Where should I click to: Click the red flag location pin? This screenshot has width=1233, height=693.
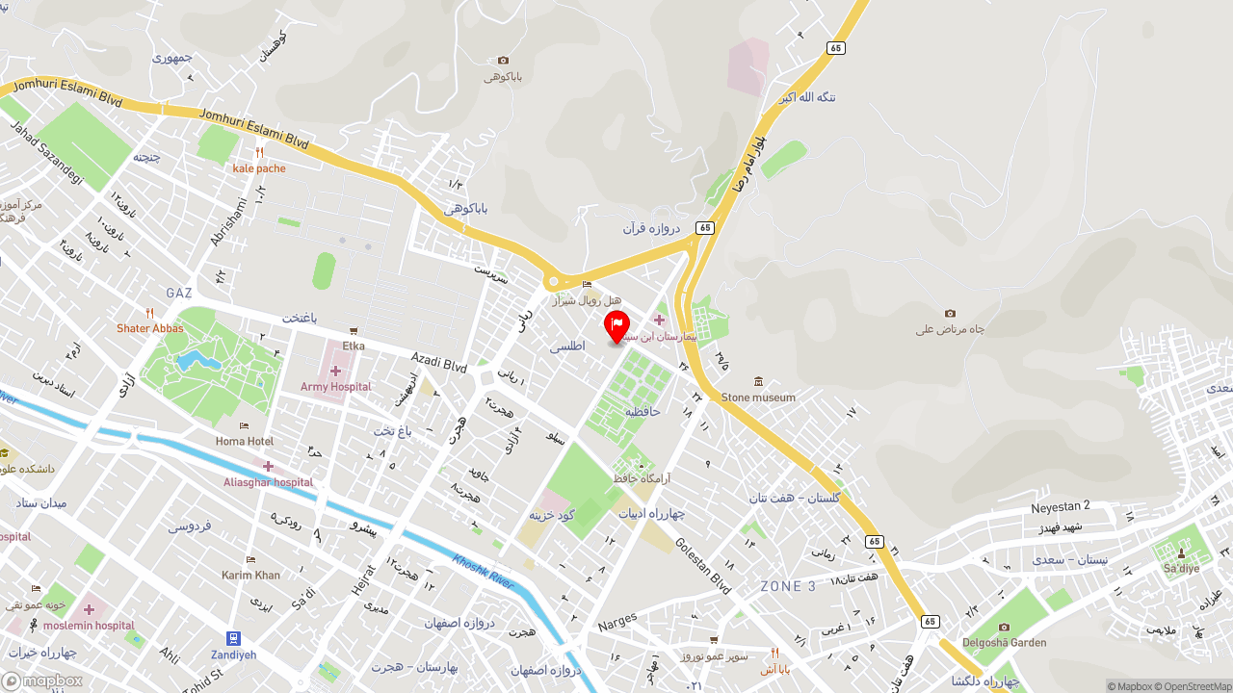pos(616,326)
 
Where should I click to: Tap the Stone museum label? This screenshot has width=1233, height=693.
pos(758,397)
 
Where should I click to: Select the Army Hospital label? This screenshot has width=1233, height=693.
pos(335,387)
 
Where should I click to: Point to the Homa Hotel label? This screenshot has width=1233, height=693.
pos(244,441)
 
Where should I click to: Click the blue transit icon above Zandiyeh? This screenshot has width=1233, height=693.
pos(233,638)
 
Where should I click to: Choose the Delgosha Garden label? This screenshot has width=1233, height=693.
pos(1005,643)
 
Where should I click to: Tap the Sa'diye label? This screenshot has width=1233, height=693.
pos(1181,568)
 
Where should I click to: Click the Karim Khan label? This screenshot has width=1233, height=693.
pos(250,575)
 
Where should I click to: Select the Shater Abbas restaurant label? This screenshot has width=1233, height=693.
pos(149,328)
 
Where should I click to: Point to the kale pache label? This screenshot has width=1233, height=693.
pos(259,168)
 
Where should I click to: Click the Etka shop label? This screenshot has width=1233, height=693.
pos(354,346)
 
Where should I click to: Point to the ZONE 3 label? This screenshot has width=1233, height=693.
pos(788,586)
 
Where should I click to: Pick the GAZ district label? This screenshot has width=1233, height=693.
pos(179,293)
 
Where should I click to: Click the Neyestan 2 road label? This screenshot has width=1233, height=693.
pos(1060,506)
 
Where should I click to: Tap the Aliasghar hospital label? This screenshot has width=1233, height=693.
pos(268,481)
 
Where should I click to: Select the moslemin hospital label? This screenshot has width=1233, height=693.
pos(89,625)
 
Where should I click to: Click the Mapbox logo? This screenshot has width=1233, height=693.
pos(42,681)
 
